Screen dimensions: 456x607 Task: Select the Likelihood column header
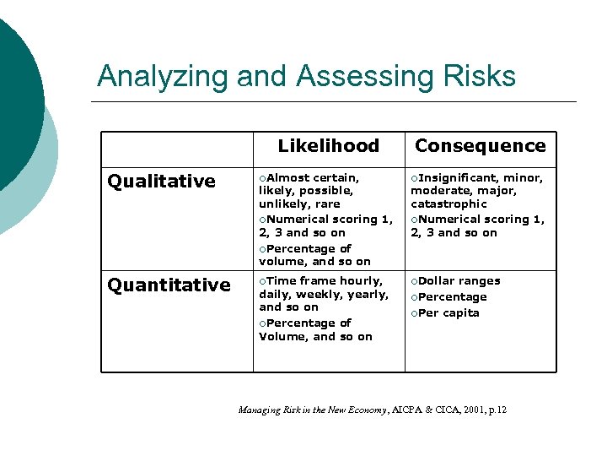(329, 146)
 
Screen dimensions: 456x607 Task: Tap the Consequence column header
(481, 146)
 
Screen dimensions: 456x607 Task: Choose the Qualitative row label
(162, 182)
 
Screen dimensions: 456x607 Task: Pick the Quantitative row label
(169, 285)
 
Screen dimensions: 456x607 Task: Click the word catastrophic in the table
(449, 204)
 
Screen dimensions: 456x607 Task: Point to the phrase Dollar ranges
(459, 281)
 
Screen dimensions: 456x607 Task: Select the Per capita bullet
(449, 313)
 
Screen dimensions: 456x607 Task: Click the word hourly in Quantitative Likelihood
(361, 281)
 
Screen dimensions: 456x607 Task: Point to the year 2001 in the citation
(467, 410)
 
